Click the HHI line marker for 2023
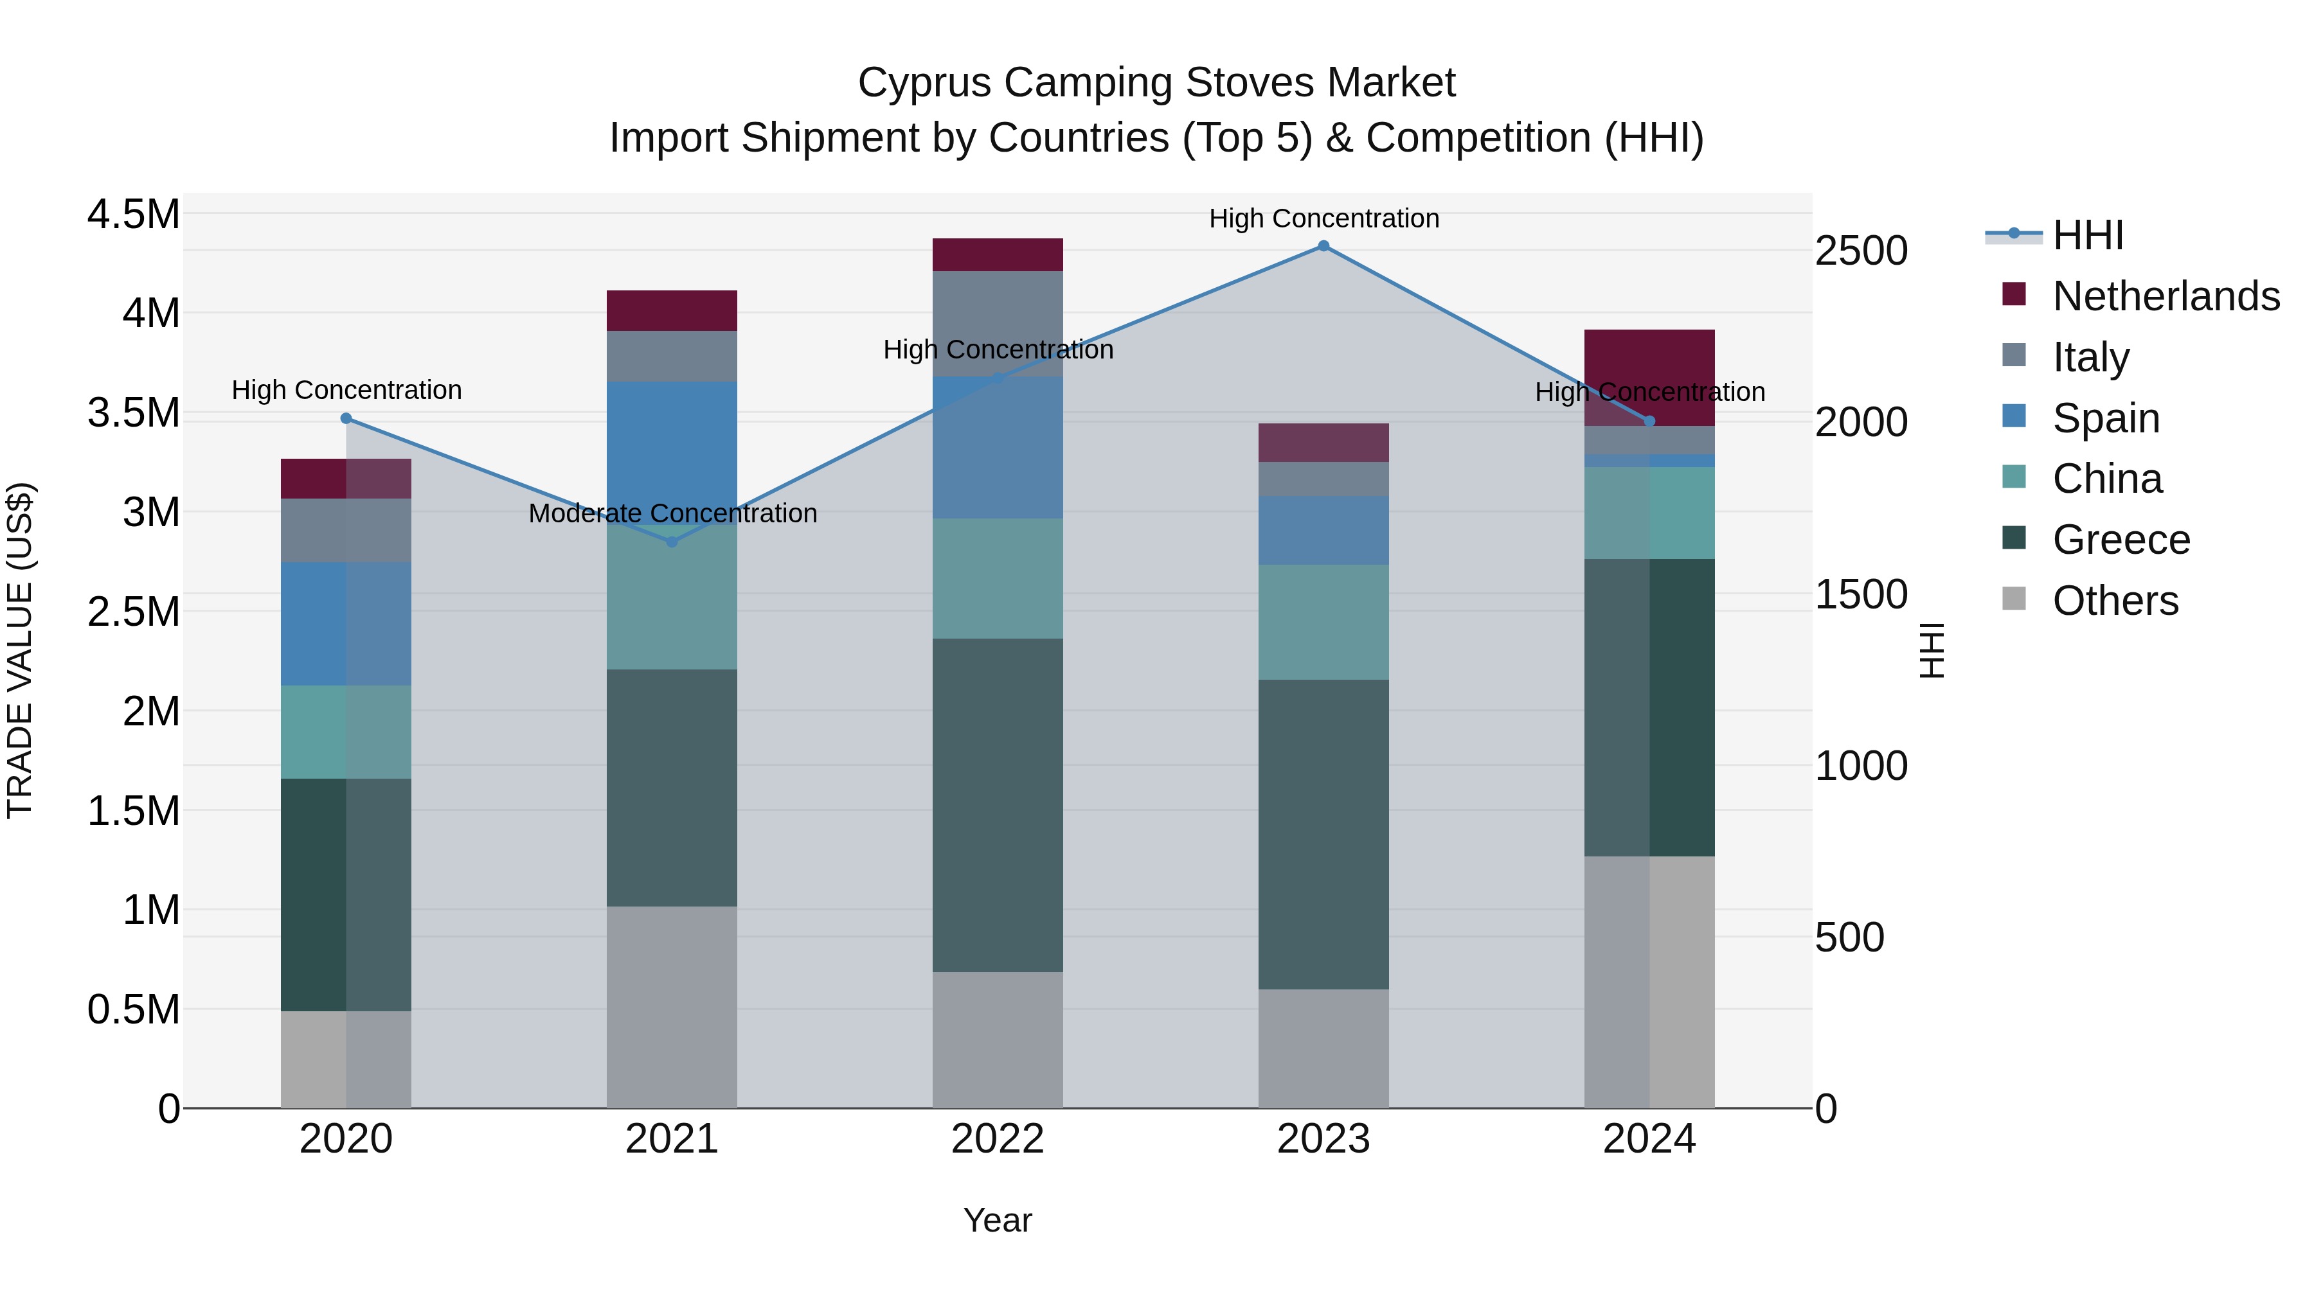[1323, 246]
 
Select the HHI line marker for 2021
[672, 542]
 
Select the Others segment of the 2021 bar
[672, 1007]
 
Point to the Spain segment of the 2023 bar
[1323, 530]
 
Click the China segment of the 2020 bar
[346, 732]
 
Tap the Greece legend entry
[2121, 540]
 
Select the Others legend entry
[2115, 601]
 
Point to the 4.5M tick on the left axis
[133, 215]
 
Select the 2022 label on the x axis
[997, 1139]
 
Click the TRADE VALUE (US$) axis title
[20, 650]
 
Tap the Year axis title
[997, 1220]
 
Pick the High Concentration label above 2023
[1323, 218]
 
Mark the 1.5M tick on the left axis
[133, 811]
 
